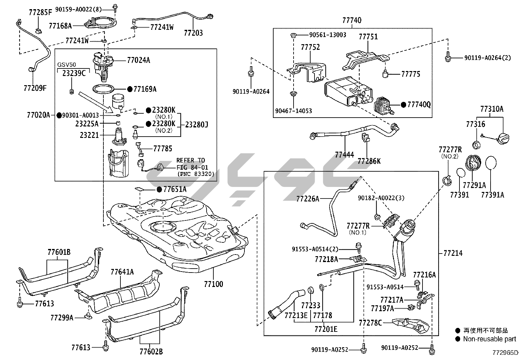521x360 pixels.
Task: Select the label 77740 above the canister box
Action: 352,20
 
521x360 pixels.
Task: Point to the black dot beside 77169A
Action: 130,89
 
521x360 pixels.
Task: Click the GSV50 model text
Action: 66,65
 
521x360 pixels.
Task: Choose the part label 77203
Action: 193,33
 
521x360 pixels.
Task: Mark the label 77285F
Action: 40,12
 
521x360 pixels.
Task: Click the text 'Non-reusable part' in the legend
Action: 489,339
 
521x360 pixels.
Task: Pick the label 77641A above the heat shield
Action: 122,272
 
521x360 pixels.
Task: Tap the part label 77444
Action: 344,154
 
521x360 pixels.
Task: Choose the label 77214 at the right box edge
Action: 453,253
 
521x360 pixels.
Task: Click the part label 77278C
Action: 370,323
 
